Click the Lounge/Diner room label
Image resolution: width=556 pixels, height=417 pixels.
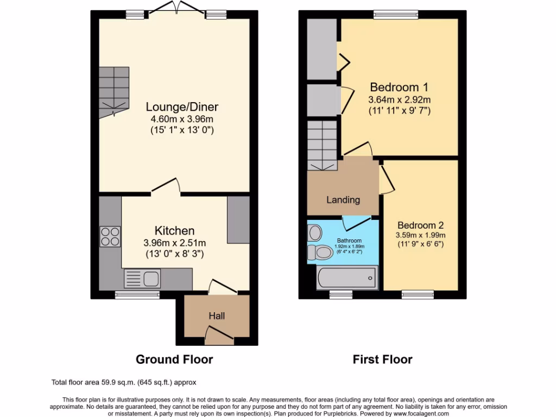(174, 107)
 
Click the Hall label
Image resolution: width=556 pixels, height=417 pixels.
(217, 315)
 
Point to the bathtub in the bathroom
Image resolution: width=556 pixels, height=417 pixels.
(347, 278)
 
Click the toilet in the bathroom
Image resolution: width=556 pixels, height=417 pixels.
(320, 252)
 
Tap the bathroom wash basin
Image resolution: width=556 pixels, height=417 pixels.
(314, 233)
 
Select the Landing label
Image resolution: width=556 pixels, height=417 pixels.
(343, 200)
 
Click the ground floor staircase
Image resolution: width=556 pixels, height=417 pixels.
(115, 90)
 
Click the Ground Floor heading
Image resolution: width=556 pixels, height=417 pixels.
(174, 359)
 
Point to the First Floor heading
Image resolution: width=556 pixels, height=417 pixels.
(382, 359)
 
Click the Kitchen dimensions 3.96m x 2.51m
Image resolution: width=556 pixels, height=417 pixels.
(174, 243)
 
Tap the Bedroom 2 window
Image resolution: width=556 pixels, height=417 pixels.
(418, 294)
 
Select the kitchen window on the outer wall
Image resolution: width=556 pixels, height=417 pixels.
(137, 294)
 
